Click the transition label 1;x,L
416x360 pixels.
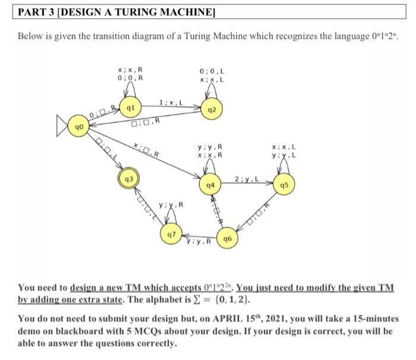171,103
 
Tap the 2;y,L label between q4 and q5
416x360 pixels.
245,178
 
